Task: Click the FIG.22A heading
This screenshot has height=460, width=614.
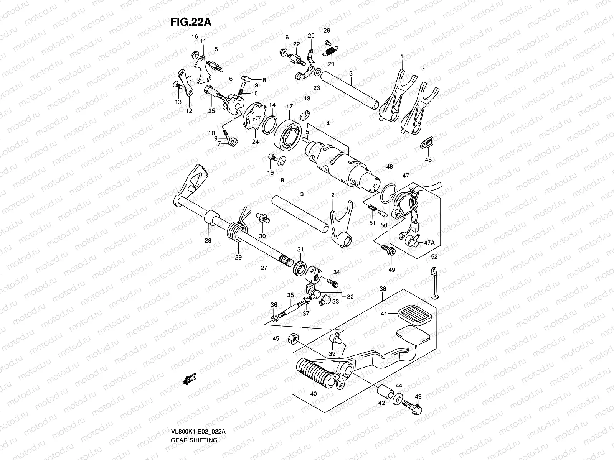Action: click(191, 21)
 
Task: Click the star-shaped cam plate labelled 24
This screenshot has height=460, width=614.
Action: click(253, 119)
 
